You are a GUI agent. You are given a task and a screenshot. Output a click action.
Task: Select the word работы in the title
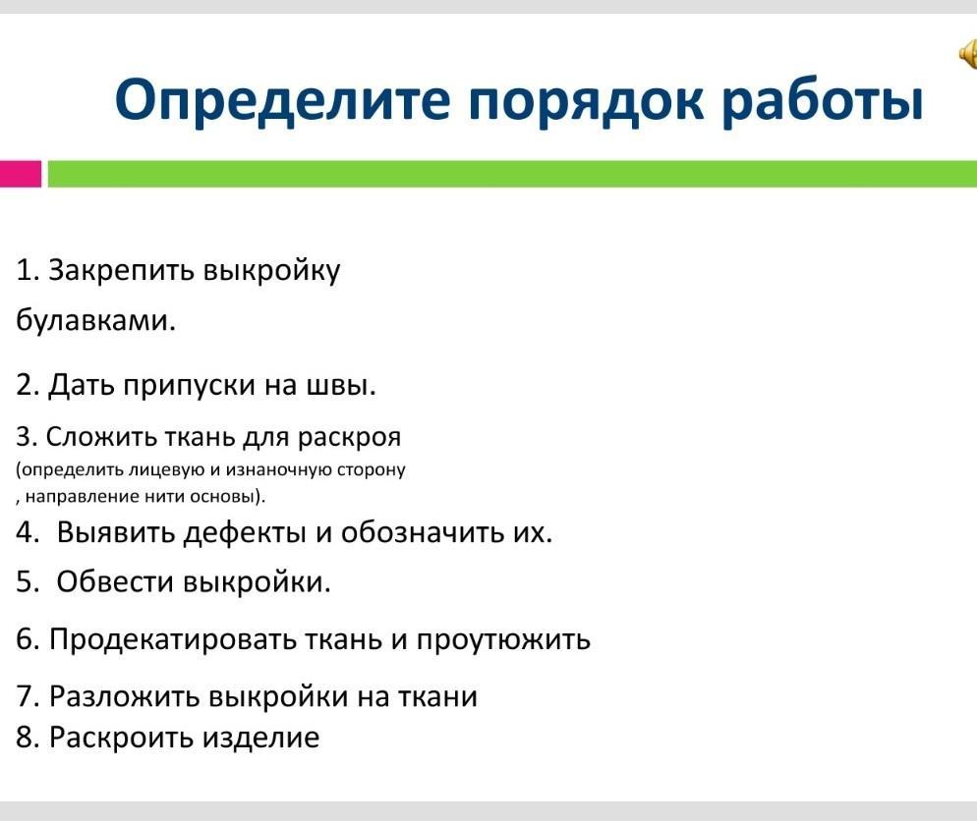pos(823,99)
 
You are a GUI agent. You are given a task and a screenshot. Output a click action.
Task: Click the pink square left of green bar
pos(21,174)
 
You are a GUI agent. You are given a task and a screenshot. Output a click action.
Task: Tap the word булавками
pos(96,319)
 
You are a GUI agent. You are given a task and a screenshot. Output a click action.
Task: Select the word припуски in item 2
pos(189,386)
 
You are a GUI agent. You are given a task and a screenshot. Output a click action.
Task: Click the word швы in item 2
pos(342,385)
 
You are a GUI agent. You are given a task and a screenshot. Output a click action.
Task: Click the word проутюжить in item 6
pos(503,640)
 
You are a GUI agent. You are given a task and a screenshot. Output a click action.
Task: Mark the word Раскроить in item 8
pos(122,738)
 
